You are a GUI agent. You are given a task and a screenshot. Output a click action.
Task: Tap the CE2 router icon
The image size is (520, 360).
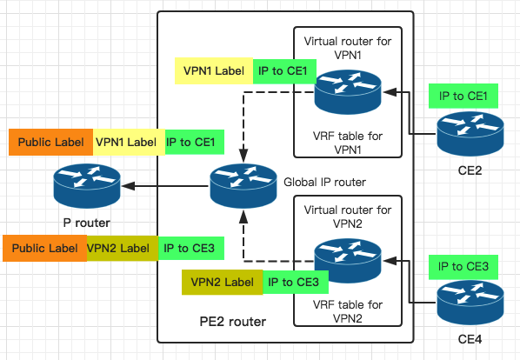tap(470, 133)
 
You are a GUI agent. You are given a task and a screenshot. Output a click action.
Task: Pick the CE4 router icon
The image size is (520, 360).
tap(470, 303)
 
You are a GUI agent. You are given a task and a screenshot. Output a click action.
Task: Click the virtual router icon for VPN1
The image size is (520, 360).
tap(347, 91)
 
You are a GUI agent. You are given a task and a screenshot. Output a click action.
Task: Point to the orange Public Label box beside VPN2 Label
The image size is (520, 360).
tap(44, 248)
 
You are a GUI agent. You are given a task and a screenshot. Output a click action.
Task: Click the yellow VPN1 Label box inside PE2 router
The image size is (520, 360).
tap(213, 71)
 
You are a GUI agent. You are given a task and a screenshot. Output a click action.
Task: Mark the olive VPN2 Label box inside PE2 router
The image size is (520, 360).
tap(221, 282)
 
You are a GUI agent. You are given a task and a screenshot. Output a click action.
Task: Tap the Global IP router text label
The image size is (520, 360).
tap(325, 183)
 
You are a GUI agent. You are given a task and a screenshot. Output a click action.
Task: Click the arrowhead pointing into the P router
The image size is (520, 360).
tap(128, 185)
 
